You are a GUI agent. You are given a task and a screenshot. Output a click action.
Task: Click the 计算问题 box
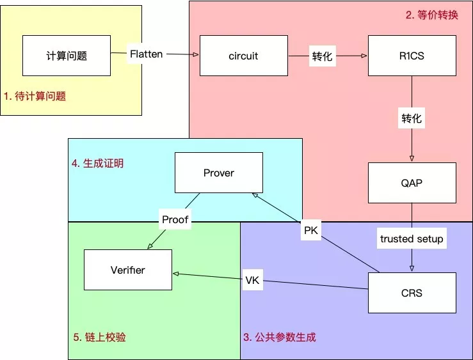point(67,56)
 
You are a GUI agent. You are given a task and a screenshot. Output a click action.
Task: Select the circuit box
point(243,56)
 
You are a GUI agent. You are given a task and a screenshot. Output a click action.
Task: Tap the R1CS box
point(412,56)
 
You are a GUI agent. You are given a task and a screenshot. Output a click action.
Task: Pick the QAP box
point(412,183)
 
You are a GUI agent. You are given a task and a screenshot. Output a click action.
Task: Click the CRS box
point(412,293)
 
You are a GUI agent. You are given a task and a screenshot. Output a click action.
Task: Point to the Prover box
point(219,173)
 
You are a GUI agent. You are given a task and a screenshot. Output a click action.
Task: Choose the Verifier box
point(128,270)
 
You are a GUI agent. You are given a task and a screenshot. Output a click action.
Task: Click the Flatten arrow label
point(146,54)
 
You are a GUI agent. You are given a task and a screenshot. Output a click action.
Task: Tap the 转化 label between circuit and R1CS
point(323,56)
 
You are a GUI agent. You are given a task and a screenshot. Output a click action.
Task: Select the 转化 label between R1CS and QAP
point(412,118)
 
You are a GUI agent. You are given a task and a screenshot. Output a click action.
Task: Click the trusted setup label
point(412,239)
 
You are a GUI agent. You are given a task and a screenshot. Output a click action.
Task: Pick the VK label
point(253,280)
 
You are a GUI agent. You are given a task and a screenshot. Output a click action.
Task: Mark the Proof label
point(175,219)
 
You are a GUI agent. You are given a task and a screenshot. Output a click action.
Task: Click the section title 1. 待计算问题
point(35,97)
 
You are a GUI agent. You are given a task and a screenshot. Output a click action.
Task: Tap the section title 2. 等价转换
point(432,15)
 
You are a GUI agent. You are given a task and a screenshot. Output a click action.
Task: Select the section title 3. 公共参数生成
point(280,337)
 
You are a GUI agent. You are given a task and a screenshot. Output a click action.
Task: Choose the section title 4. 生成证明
point(97,163)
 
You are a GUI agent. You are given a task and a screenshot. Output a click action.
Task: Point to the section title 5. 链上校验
point(100,337)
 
